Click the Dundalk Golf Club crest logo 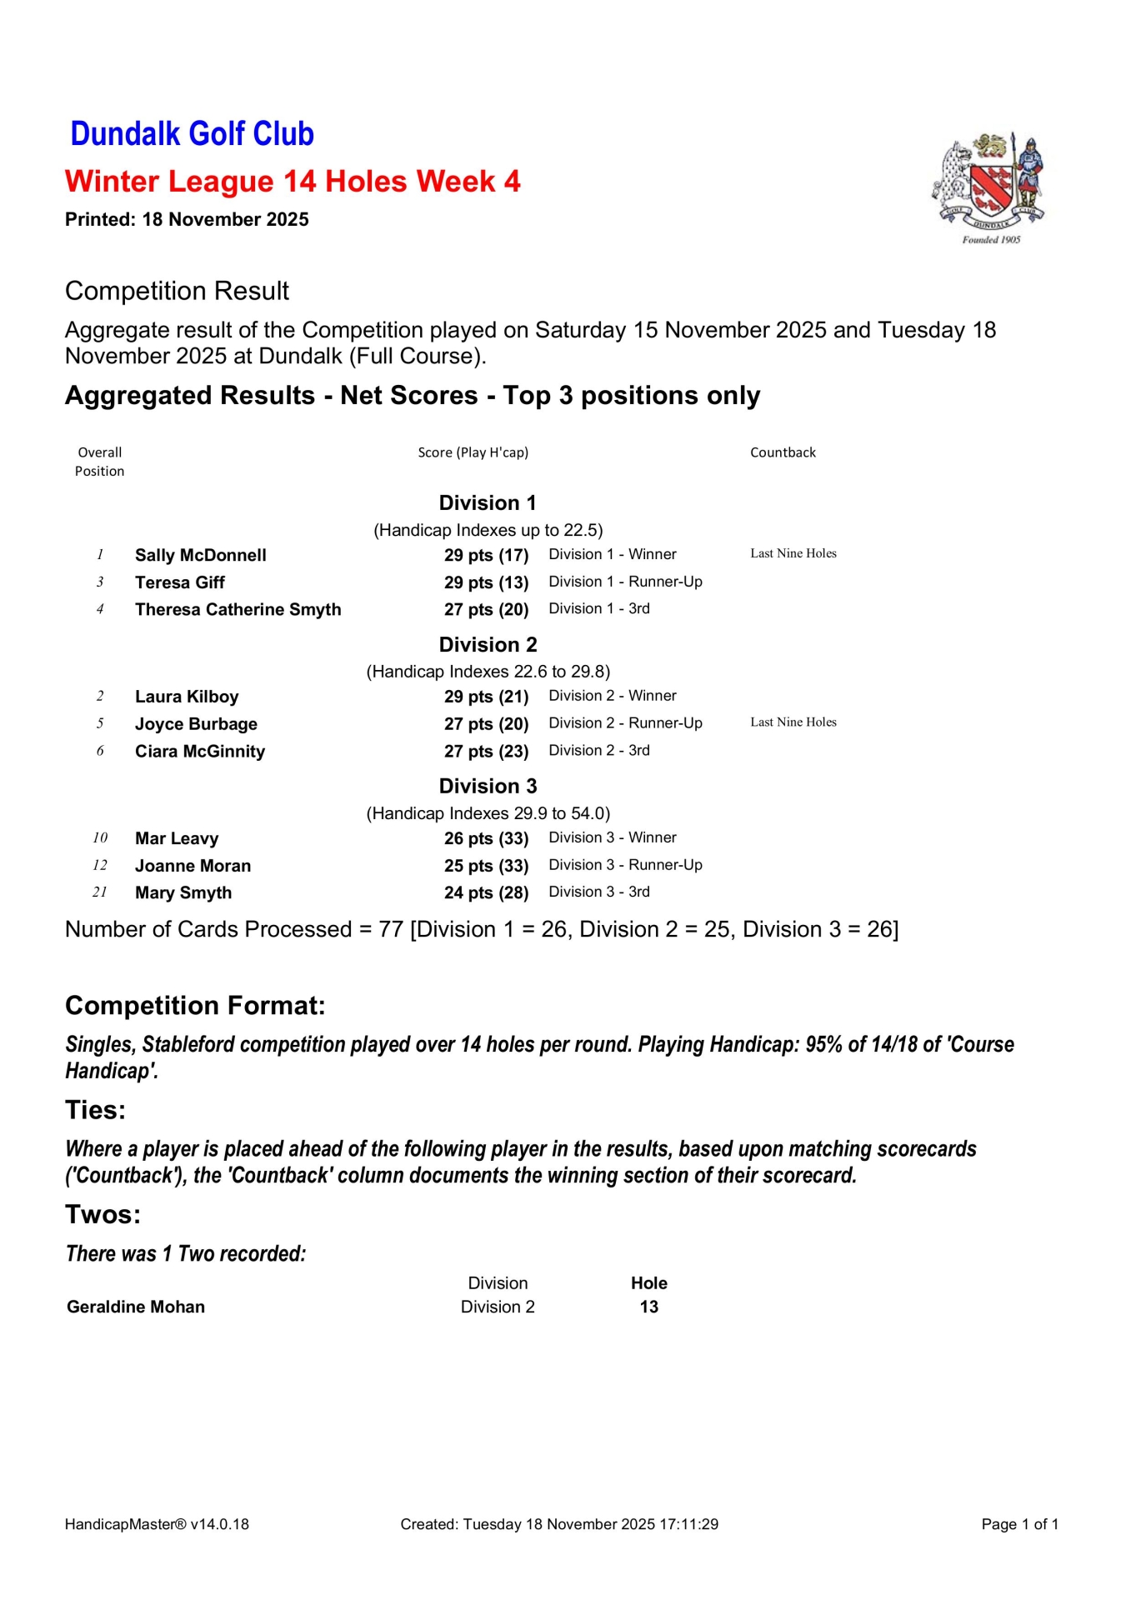click(x=989, y=187)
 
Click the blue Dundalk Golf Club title click(x=192, y=134)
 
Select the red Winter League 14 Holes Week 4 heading click(x=293, y=182)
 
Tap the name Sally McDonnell click(x=201, y=556)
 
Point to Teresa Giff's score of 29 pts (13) click(x=486, y=582)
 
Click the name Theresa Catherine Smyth click(x=238, y=610)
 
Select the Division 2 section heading click(x=488, y=645)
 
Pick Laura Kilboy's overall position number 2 click(x=100, y=697)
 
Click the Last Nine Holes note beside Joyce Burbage click(x=793, y=722)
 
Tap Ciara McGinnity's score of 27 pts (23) click(x=486, y=752)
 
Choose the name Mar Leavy click(x=177, y=839)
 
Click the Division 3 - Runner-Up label click(x=625, y=865)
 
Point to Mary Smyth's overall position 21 click(x=100, y=892)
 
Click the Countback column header click(x=783, y=452)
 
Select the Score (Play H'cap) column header click(x=473, y=452)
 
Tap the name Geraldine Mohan click(x=136, y=1307)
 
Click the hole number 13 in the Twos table click(x=648, y=1307)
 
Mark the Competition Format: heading click(x=195, y=1006)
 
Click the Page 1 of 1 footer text click(x=1019, y=1524)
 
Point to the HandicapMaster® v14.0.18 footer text click(x=157, y=1524)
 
